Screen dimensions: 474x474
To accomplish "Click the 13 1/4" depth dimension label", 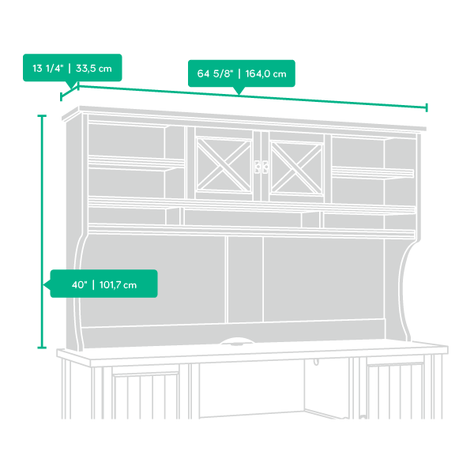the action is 72,68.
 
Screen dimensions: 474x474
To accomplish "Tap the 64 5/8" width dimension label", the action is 242,73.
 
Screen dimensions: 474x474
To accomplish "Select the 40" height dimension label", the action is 103,284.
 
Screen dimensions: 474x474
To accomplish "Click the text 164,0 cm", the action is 265,73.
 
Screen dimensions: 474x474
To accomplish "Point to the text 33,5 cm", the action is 94,68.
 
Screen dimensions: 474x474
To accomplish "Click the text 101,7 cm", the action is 118,284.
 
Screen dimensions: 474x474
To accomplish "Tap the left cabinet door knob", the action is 258,167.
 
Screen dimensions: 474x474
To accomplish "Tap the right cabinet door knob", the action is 265,167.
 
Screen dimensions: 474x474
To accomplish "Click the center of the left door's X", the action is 224,165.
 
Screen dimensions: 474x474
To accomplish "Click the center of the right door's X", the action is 296,168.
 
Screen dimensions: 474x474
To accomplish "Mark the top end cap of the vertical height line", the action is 42,116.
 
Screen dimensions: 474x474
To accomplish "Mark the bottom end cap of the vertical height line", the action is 42,348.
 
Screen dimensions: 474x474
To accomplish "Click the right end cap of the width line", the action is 427,107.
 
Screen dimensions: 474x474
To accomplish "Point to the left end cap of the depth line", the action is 61,96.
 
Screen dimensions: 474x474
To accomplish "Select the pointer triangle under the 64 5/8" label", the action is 239,90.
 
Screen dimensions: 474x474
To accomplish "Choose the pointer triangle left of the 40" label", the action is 47,284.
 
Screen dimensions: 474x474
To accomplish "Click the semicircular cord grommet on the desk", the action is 237,341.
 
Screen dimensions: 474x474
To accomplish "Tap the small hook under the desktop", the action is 316,362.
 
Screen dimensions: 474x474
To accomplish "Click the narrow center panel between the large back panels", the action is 245,280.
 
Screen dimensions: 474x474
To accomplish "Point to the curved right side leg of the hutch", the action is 404,290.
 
